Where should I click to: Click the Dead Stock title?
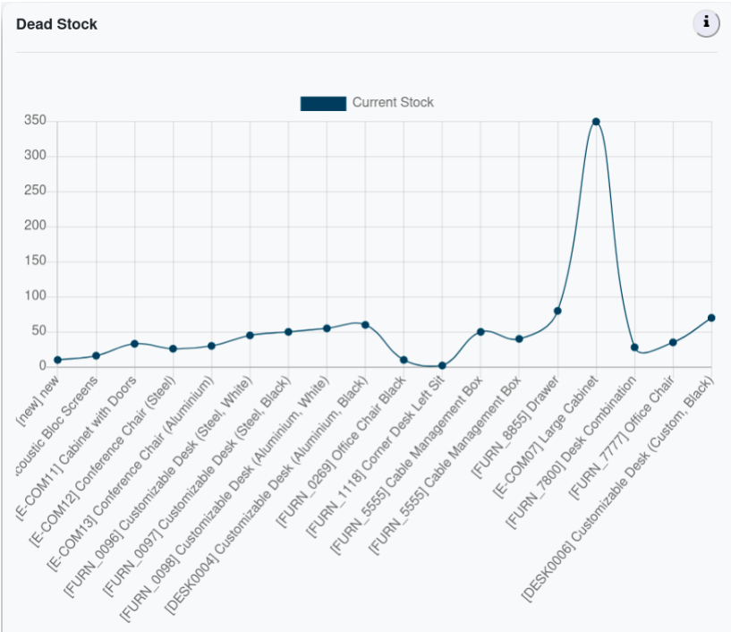coord(56,24)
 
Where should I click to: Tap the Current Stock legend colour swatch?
coord(323,103)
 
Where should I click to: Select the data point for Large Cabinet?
coord(596,122)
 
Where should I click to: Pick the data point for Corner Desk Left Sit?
coord(442,365)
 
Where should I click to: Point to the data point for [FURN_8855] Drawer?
coord(557,311)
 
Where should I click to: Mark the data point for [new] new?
coord(57,360)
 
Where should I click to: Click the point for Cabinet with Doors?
coord(134,344)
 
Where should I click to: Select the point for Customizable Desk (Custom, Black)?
coord(711,318)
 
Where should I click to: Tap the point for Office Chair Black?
coord(404,360)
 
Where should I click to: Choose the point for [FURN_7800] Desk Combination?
coord(634,347)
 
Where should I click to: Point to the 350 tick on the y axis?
coord(35,121)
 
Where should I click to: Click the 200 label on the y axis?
coord(35,226)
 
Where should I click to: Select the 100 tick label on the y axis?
coord(35,296)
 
